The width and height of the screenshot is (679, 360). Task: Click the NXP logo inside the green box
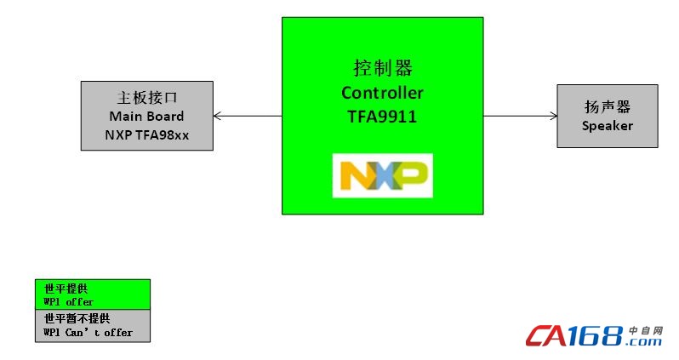(x=382, y=175)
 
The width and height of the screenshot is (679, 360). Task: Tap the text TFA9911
(x=382, y=117)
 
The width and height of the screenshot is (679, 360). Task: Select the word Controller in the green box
(x=382, y=93)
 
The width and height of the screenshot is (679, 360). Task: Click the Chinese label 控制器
(x=382, y=68)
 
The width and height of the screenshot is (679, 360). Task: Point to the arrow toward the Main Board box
(x=247, y=116)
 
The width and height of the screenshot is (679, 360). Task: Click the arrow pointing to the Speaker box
(x=520, y=116)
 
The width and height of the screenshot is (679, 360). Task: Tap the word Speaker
(x=608, y=126)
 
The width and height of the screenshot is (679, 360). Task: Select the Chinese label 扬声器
(x=608, y=107)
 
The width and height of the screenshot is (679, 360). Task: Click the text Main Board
(x=146, y=117)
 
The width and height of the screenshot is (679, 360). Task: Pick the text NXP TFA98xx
(x=146, y=134)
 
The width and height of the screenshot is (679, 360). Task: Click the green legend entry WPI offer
(x=92, y=294)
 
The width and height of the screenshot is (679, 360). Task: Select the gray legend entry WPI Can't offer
(x=92, y=326)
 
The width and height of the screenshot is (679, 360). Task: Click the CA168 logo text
(x=574, y=337)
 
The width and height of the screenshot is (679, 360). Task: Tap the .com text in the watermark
(x=644, y=341)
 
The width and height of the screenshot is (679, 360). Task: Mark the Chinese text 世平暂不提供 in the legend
(x=77, y=318)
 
